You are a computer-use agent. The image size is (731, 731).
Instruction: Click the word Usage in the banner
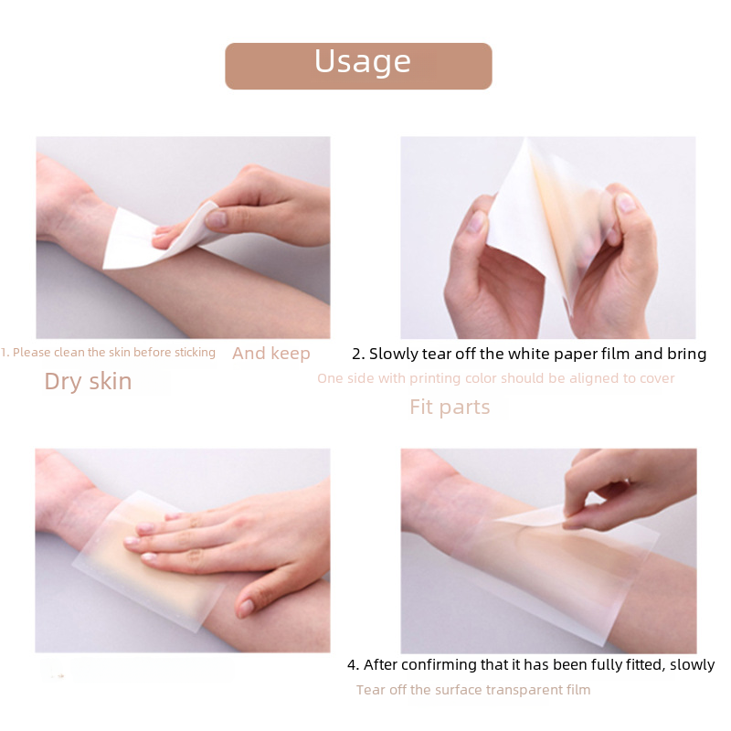pos(363,61)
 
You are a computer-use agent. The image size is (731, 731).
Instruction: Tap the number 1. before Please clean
pos(5,353)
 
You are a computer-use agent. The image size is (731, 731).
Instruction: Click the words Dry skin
pos(88,381)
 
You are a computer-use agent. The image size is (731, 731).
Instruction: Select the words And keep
pos(271,354)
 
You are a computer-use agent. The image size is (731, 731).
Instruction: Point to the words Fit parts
pos(450,407)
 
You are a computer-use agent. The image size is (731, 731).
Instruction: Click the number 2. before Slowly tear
pos(358,354)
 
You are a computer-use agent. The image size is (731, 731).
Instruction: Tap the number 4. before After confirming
pos(354,665)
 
